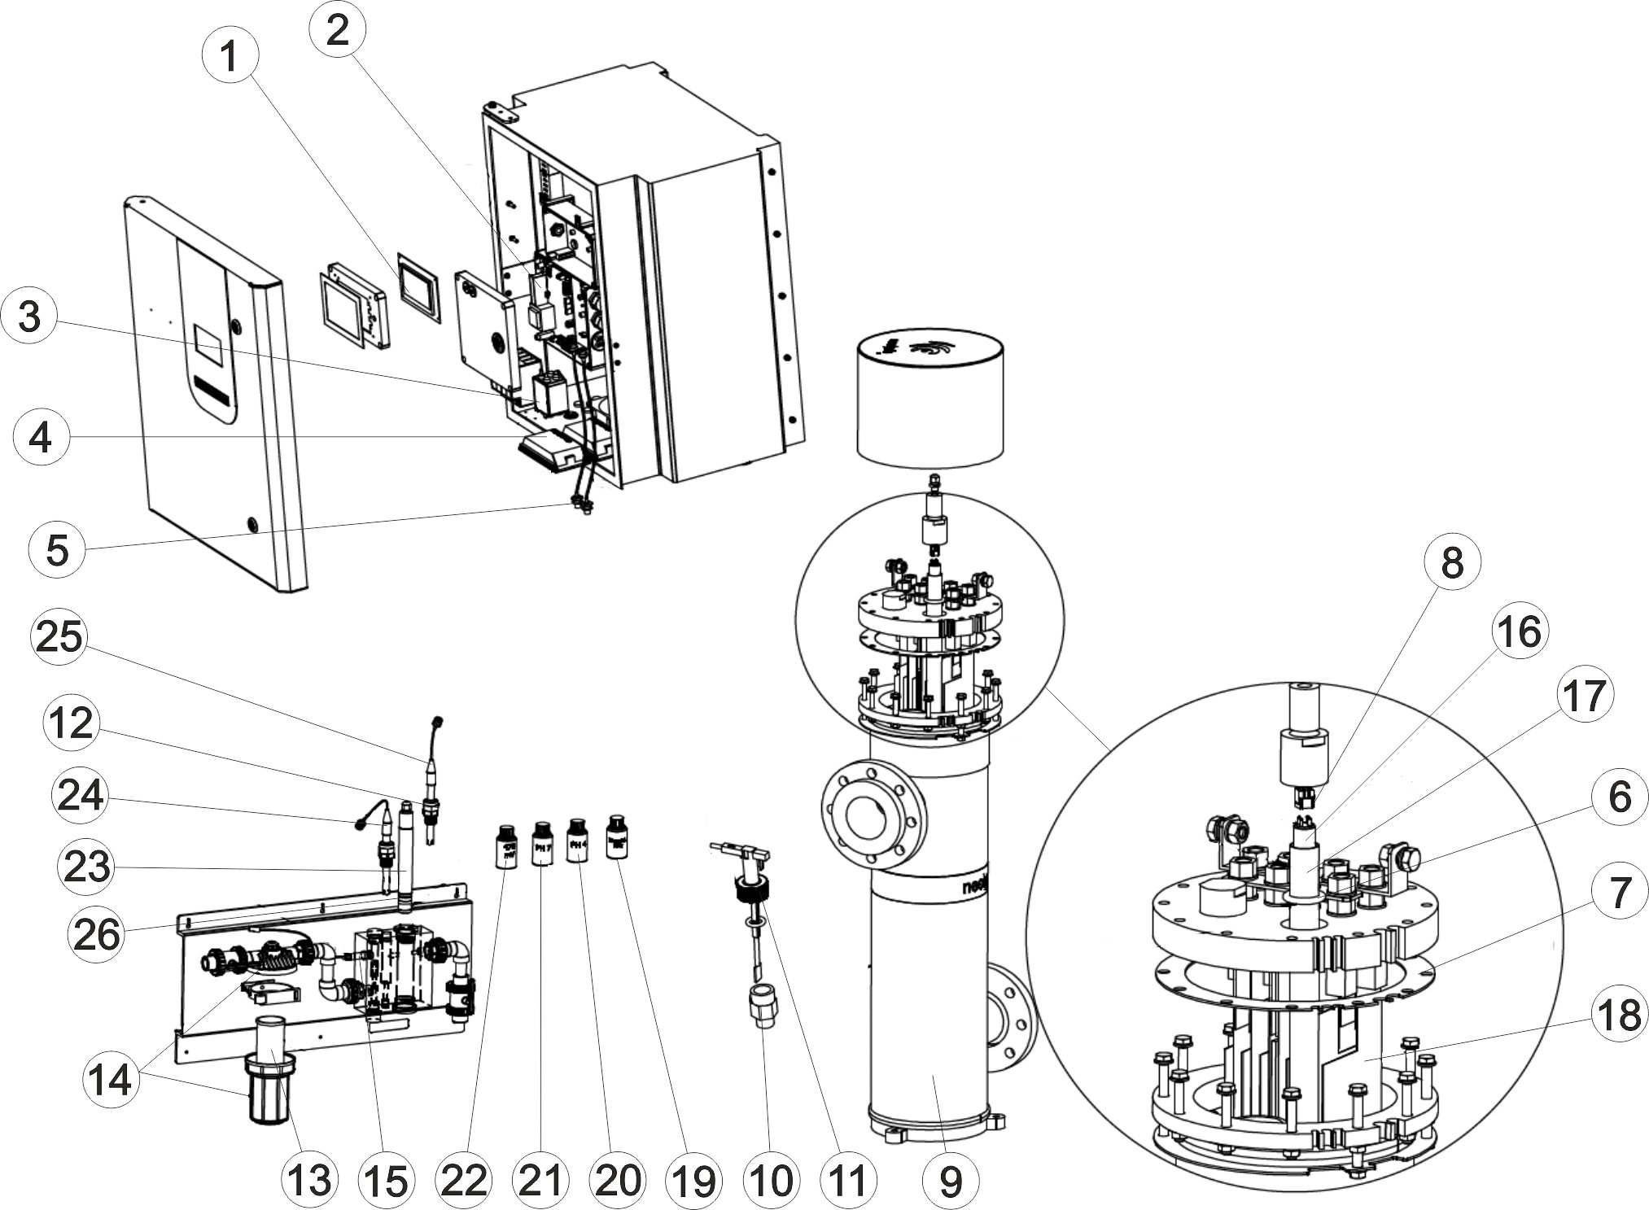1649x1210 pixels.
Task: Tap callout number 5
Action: pyautogui.click(x=56, y=550)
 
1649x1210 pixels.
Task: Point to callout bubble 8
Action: pyautogui.click(x=1452, y=562)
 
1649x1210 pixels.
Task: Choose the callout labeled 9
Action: pyautogui.click(x=950, y=1179)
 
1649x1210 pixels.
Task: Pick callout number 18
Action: pyautogui.click(x=1616, y=1016)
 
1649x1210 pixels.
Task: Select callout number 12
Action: pyautogui.click(x=71, y=721)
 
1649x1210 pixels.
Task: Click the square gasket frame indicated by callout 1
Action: pyautogui.click(x=418, y=286)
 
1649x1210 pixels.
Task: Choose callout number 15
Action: pyautogui.click(x=386, y=1179)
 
